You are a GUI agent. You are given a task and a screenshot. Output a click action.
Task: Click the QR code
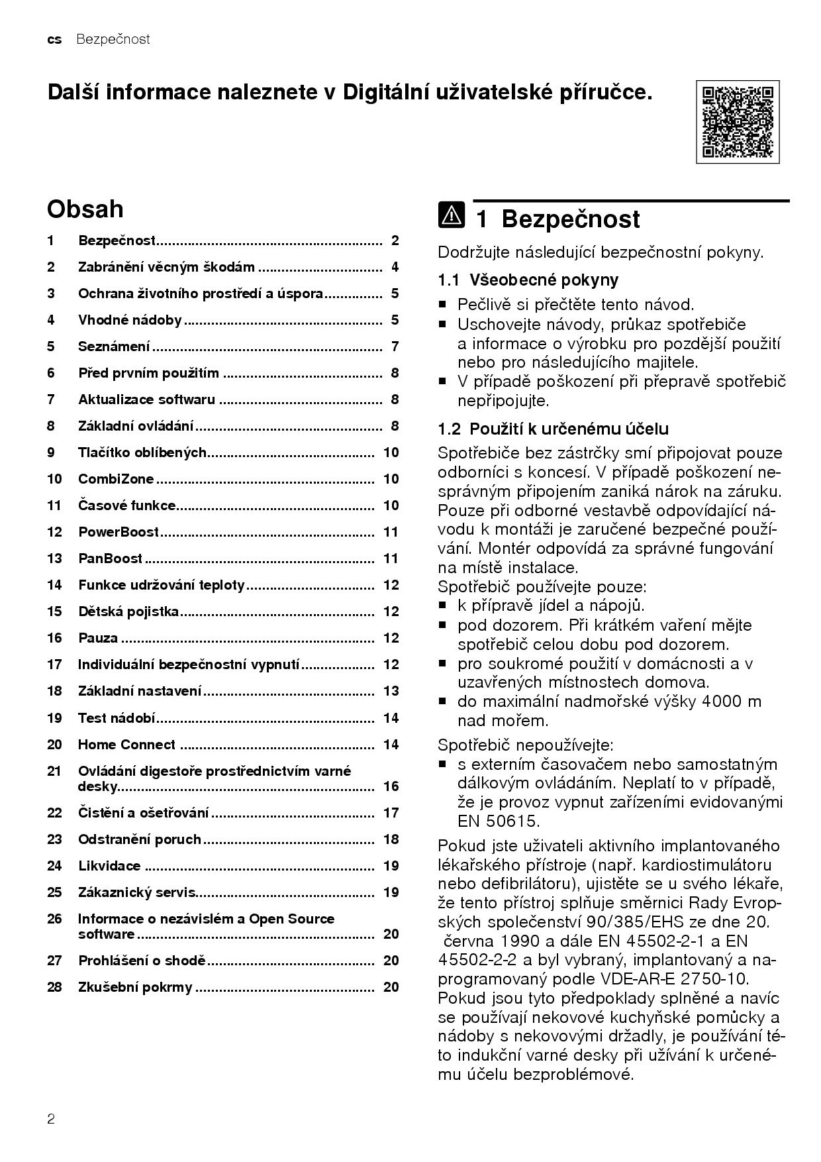[x=738, y=122]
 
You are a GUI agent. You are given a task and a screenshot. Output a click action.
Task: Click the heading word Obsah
[x=85, y=209]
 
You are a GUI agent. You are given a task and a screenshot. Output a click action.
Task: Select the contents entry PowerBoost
[x=119, y=532]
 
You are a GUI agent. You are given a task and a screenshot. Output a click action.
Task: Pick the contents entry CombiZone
[x=116, y=479]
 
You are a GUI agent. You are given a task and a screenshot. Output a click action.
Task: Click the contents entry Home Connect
[x=126, y=745]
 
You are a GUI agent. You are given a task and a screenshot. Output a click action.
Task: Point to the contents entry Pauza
[x=98, y=638]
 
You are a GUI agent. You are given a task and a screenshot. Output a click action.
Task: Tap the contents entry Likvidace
[x=109, y=866]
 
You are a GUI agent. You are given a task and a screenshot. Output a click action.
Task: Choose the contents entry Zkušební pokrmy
[x=135, y=987]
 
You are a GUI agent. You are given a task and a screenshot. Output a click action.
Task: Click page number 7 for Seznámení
[x=395, y=346]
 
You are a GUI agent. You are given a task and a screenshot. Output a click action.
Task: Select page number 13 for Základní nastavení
[x=391, y=691]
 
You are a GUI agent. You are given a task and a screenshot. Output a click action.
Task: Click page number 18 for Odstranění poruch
[x=391, y=839]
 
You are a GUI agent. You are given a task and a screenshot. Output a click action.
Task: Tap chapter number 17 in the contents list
[x=54, y=664]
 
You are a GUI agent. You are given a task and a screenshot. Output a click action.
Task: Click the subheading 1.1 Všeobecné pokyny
[x=528, y=280]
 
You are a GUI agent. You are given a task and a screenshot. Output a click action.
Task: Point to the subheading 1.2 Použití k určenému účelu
[x=553, y=429]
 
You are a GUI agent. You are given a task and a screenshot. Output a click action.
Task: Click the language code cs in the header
[x=54, y=40]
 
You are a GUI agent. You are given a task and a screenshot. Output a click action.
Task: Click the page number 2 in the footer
[x=51, y=1120]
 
